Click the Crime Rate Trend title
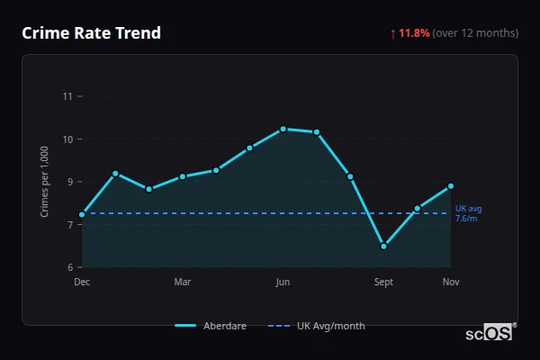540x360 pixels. [x=91, y=33]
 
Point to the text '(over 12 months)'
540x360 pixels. [x=475, y=33]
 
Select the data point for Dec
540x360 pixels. [x=82, y=214]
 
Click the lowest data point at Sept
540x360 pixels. [x=383, y=246]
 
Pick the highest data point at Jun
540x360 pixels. [x=283, y=129]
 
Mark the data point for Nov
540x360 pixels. [x=451, y=186]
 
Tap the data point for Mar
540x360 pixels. [x=183, y=176]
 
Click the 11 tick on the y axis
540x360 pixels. [x=67, y=96]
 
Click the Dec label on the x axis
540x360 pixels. [x=82, y=282]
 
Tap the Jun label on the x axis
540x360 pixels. [x=283, y=282]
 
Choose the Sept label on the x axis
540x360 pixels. [x=383, y=282]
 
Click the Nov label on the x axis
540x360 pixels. [x=451, y=282]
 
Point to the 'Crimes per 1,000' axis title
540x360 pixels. [x=45, y=182]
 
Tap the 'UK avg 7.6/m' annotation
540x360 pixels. [x=467, y=213]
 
